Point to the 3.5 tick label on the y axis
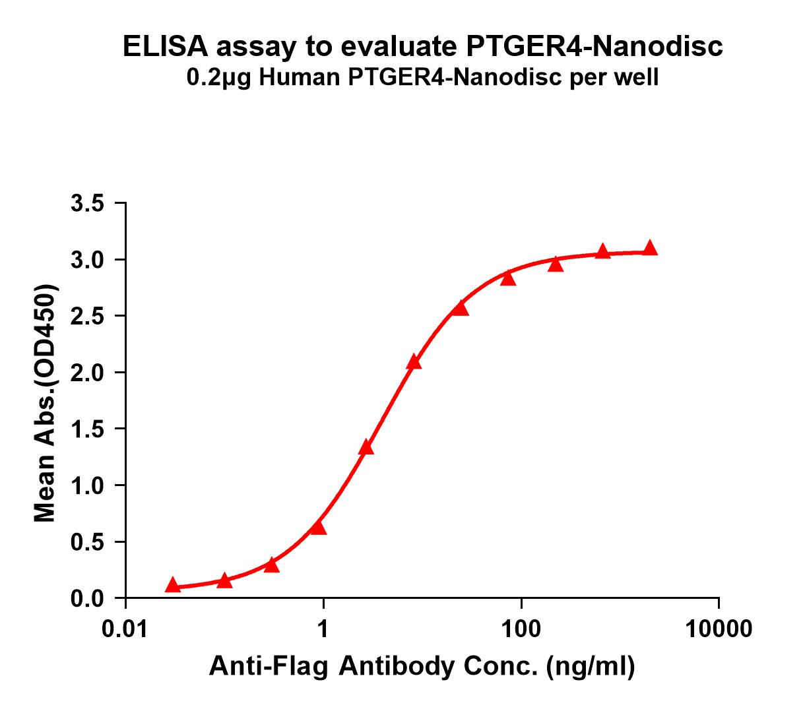pyautogui.click(x=88, y=203)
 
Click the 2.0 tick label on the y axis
pyautogui.click(x=88, y=373)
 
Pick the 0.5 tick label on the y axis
pyautogui.click(x=88, y=542)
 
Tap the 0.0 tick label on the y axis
pyautogui.click(x=88, y=599)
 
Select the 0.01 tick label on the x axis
pyautogui.click(x=125, y=629)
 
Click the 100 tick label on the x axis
pyautogui.click(x=521, y=629)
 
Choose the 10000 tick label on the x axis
pyautogui.click(x=719, y=629)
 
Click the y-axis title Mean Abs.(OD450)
pyautogui.click(x=45, y=404)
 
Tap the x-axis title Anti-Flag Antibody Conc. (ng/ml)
pyautogui.click(x=422, y=667)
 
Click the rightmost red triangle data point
pyautogui.click(x=650, y=248)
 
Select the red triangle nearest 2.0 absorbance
pyautogui.click(x=414, y=361)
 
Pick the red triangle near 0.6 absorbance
pyautogui.click(x=318, y=527)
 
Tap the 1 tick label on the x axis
pyautogui.click(x=323, y=629)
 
